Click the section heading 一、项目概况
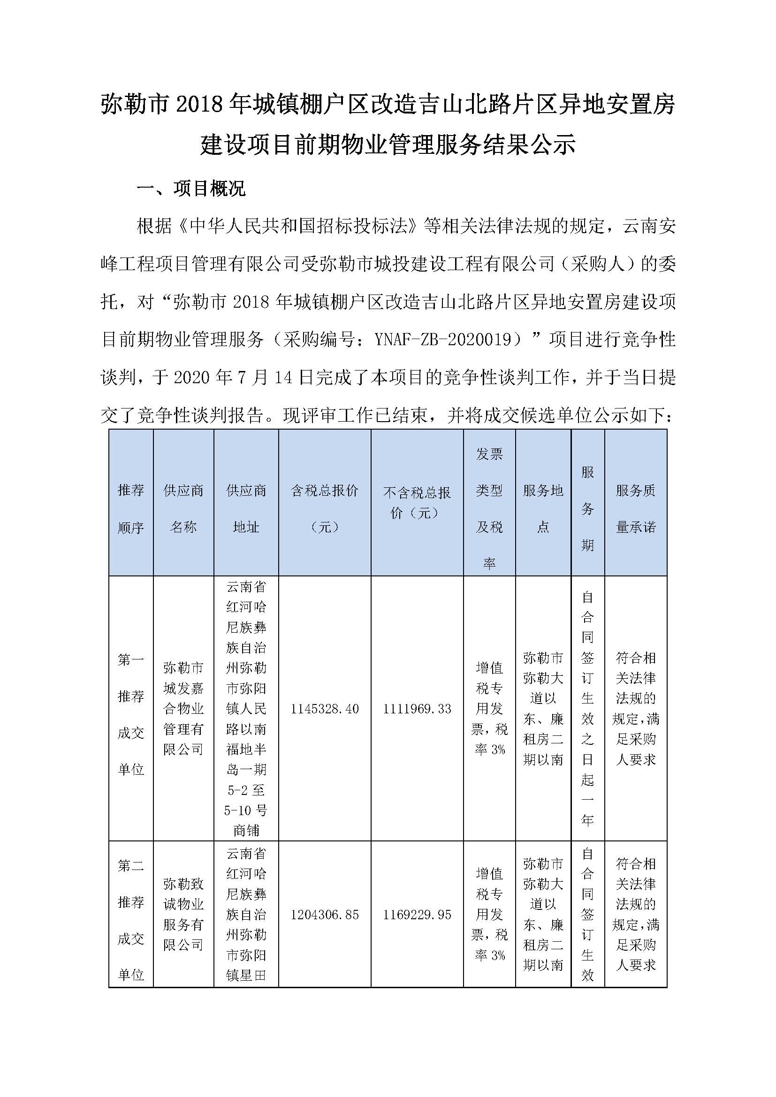point(191,188)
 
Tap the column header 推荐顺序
point(130,508)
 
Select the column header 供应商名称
point(183,508)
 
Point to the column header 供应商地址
point(246,508)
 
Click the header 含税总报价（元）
point(325,508)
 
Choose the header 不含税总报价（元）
point(417,503)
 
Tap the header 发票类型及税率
point(489,508)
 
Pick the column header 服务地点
point(543,508)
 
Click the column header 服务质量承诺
point(636,508)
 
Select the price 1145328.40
point(325,709)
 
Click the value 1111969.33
point(417,709)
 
